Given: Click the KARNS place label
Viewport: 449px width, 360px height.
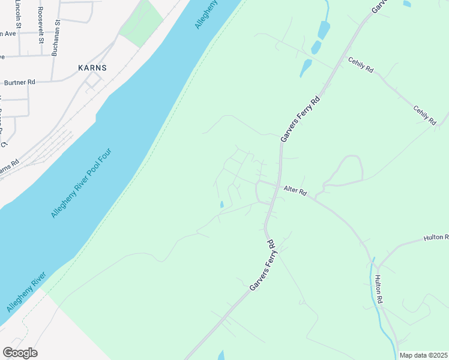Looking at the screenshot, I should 92,68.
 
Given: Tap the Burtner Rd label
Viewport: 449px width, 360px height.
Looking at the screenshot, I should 20,82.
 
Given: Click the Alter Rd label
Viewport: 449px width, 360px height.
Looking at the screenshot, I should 295,191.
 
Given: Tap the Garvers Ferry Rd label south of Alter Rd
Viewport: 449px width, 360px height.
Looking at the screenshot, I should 262,266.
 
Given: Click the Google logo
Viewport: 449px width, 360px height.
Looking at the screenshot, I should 20,353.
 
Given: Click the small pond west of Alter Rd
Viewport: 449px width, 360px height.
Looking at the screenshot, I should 221,205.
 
